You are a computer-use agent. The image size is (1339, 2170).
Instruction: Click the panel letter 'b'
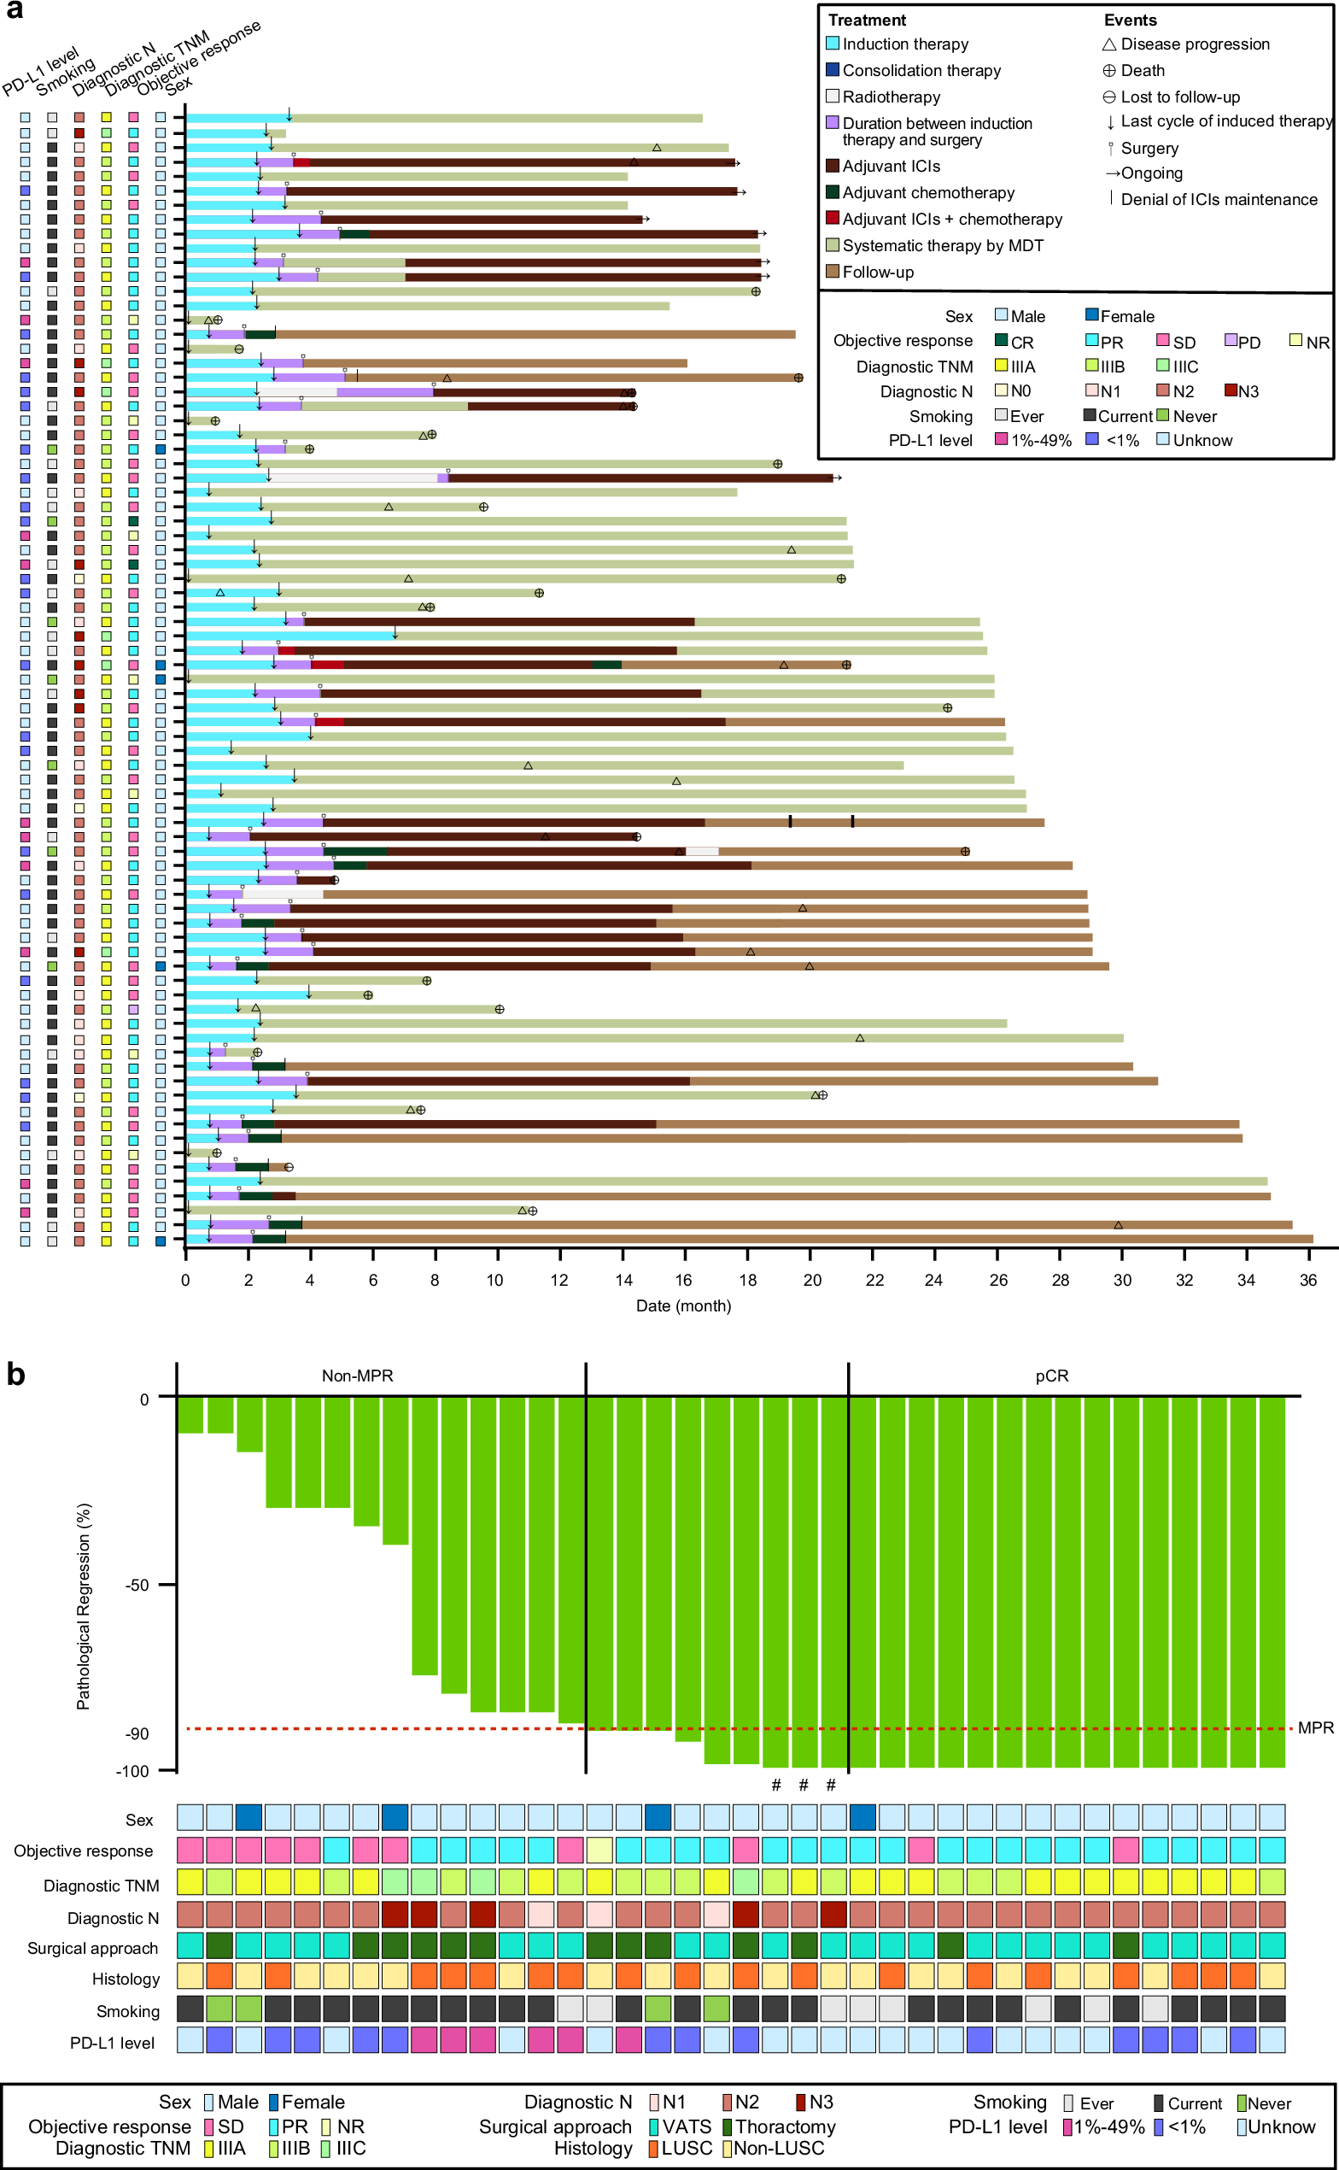point(15,1375)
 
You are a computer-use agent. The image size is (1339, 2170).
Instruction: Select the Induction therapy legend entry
point(904,44)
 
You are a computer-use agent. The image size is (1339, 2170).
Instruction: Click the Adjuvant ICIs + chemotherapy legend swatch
point(833,219)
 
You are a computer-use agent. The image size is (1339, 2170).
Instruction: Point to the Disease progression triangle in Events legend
point(1108,44)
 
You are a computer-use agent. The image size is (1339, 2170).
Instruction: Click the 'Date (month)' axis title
point(683,1305)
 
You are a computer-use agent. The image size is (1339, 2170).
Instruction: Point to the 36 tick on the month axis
point(1308,1280)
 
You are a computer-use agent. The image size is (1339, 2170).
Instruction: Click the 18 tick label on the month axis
point(747,1280)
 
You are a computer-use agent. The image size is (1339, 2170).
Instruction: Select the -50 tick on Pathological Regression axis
point(138,1586)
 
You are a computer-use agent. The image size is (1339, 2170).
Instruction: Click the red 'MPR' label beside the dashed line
point(1315,1728)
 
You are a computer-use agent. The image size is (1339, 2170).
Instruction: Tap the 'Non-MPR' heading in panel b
point(357,1375)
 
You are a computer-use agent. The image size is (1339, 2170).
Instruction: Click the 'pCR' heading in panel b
point(1051,1375)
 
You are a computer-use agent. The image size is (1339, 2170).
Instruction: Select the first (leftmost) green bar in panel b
point(190,1415)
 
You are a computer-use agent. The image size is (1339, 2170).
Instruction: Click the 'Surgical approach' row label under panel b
point(92,1949)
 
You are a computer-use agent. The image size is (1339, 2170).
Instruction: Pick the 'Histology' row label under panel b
point(126,1979)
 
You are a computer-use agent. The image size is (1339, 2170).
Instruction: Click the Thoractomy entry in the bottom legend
point(785,2126)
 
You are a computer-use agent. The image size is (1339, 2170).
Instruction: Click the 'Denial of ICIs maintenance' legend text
point(1219,199)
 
